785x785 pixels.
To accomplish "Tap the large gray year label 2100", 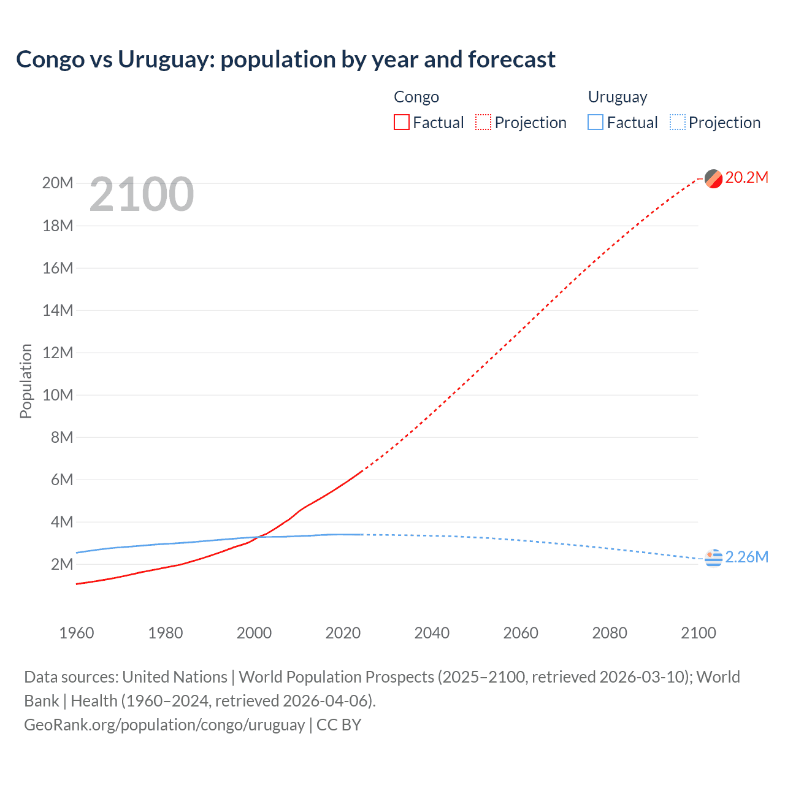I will coord(142,194).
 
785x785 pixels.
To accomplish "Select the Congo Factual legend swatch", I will coord(401,122).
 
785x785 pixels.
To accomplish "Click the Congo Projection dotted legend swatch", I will coord(483,122).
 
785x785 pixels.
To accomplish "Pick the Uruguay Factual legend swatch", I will coord(595,122).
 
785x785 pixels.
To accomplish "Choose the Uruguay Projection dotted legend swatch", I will coord(678,122).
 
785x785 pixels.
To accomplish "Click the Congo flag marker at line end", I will coord(713,178).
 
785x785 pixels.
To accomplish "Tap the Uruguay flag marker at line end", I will coord(713,558).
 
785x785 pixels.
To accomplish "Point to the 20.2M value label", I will coord(746,178).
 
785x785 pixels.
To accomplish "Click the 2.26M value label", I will coord(746,557).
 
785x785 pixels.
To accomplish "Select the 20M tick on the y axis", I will coord(58,183).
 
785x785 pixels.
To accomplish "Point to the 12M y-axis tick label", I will coord(58,353).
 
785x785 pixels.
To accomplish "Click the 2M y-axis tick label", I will coord(61,564).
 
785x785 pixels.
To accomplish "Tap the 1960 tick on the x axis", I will coord(77,633).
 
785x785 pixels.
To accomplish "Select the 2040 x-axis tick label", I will coord(432,633).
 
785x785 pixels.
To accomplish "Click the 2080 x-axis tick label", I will coord(610,633).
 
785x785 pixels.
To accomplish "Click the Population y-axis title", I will coord(26,381).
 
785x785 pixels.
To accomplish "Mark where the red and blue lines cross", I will coord(257,537).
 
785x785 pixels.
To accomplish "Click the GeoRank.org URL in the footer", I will coord(164,725).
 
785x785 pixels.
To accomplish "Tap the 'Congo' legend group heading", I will coord(416,97).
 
